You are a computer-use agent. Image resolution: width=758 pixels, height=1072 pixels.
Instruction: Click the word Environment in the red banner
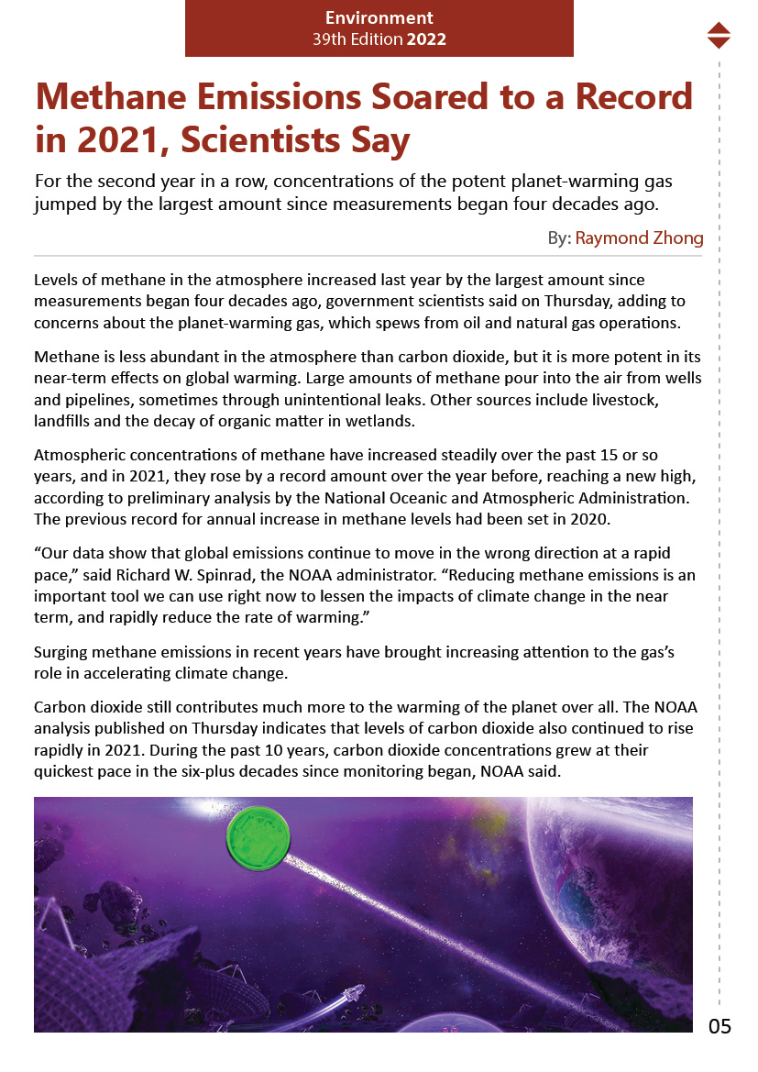379,18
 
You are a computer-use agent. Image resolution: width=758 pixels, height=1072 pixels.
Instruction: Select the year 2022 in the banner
426,39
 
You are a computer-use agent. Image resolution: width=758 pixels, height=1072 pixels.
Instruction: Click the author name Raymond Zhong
639,238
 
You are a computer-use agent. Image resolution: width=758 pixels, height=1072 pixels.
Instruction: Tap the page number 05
720,1026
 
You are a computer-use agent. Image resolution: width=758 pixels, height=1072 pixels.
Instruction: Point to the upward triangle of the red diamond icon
720,28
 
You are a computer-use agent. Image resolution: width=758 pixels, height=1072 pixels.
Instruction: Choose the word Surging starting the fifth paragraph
60,653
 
